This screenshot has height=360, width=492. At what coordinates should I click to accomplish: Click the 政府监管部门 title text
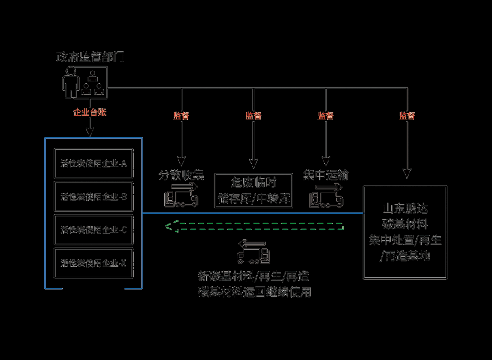coord(90,57)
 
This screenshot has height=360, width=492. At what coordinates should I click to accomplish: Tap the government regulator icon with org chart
coord(84,82)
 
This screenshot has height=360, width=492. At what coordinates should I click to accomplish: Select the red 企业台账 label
coord(89,113)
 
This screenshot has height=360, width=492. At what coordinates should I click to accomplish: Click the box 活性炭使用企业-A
coord(94,164)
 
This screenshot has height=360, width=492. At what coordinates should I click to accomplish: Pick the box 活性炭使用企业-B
coord(94,196)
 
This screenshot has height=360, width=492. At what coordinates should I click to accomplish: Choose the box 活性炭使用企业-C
coord(94,229)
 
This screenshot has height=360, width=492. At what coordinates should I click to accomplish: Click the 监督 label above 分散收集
coord(181,116)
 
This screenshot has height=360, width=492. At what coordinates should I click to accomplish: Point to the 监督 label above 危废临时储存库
coord(253,116)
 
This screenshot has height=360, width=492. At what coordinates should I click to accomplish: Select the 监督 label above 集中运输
coord(326,116)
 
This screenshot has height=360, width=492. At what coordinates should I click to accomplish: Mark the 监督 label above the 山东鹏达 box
coord(406,116)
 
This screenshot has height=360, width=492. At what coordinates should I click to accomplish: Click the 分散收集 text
coord(181,175)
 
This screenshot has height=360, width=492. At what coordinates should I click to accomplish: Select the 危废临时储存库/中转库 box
coord(253,190)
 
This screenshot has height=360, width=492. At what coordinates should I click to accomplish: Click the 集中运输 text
coord(326,175)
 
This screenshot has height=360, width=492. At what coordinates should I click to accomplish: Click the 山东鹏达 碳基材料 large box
coord(405,232)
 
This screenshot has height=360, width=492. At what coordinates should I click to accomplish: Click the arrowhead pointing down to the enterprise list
coord(89,133)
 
